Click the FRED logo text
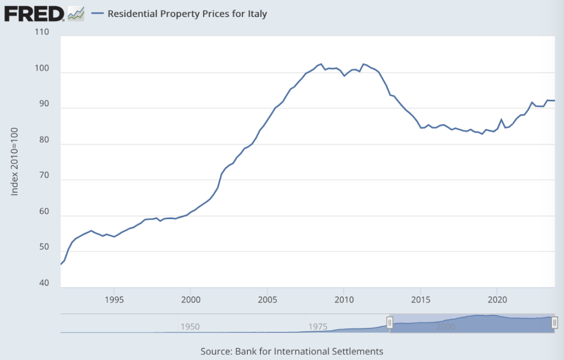pyautogui.click(x=34, y=13)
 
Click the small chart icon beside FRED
pyautogui.click(x=75, y=13)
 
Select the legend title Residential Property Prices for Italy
pyautogui.click(x=187, y=14)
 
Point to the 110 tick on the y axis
pyautogui.click(x=42, y=32)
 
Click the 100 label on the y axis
pyautogui.click(x=42, y=68)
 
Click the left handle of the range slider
pyautogui.click(x=389, y=323)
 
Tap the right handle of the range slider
pyautogui.click(x=555, y=323)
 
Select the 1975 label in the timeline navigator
pyautogui.click(x=318, y=326)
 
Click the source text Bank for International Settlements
pyautogui.click(x=309, y=351)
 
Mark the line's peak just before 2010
pyautogui.click(x=321, y=64)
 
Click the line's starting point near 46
pyautogui.click(x=61, y=265)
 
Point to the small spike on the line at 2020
pyautogui.click(x=501, y=119)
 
